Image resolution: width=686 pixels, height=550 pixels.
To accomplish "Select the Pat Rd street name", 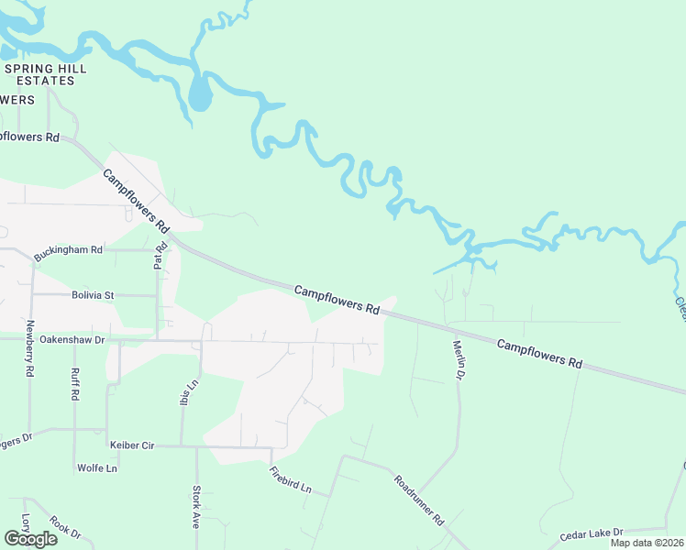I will [x=160, y=256].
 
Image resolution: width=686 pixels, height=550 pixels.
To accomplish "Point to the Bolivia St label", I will [x=92, y=295].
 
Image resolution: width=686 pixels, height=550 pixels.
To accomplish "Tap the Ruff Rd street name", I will [x=74, y=383].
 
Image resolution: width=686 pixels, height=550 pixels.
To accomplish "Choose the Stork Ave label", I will [x=195, y=506].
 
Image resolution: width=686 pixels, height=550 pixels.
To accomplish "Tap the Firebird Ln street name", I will [x=292, y=480].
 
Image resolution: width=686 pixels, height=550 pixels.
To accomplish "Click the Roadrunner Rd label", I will [x=419, y=499].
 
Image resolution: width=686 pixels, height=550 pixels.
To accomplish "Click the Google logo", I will [x=30, y=538].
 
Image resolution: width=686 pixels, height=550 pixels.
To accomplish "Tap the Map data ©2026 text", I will [x=647, y=543].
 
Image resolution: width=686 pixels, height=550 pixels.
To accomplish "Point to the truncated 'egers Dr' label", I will [x=16, y=438].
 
